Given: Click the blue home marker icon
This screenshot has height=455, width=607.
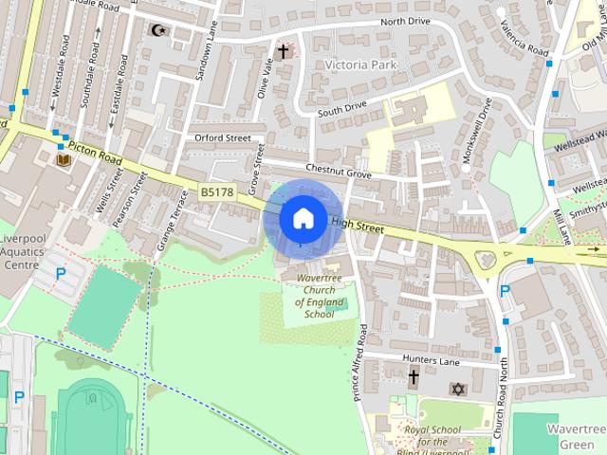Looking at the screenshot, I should click(x=302, y=218).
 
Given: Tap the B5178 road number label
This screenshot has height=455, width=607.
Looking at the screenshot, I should click(x=217, y=191).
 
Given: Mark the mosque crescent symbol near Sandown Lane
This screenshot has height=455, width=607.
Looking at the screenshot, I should click(x=159, y=30).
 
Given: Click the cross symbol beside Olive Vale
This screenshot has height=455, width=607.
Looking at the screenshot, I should click(x=282, y=51).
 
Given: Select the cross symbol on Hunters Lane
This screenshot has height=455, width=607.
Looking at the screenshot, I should click(x=414, y=377).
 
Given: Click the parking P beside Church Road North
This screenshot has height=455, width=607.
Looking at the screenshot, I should click(x=505, y=292).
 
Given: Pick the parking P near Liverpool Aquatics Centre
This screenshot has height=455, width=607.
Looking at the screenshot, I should click(x=61, y=274).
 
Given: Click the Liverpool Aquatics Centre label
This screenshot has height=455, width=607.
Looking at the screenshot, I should click(x=28, y=251).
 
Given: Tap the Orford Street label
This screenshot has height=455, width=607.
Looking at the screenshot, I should click(x=222, y=137).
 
